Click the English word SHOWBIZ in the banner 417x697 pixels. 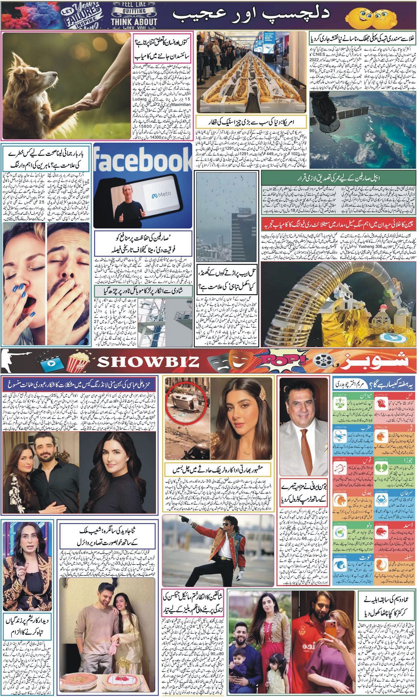[x=148, y=361]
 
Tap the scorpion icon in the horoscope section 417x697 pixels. [x=342, y=436]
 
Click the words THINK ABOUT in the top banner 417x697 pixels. [x=134, y=21]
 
